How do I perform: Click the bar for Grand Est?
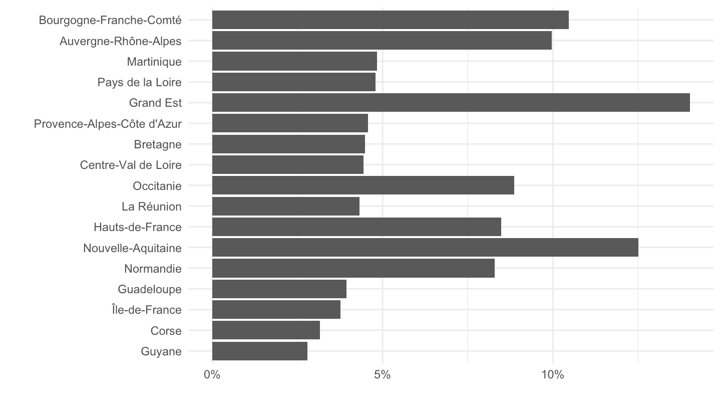click(451, 102)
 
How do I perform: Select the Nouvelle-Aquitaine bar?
click(425, 248)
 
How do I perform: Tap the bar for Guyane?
click(260, 351)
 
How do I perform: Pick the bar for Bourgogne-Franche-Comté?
click(391, 20)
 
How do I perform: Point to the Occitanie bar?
click(363, 185)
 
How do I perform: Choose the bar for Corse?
click(266, 330)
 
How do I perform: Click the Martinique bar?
click(294, 61)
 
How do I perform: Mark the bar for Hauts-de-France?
click(356, 227)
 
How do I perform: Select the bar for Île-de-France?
click(276, 310)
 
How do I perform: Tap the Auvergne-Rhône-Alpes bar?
click(382, 41)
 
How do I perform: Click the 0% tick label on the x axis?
click(212, 375)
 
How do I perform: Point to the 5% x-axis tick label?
click(383, 375)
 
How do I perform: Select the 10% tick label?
click(553, 375)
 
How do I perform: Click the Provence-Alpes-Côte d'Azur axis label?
click(108, 124)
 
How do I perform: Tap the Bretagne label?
click(158, 144)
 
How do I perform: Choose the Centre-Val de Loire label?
click(131, 165)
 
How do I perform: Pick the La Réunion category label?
click(152, 207)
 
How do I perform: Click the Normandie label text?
click(153, 269)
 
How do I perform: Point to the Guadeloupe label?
click(150, 289)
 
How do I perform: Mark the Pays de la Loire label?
click(140, 82)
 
